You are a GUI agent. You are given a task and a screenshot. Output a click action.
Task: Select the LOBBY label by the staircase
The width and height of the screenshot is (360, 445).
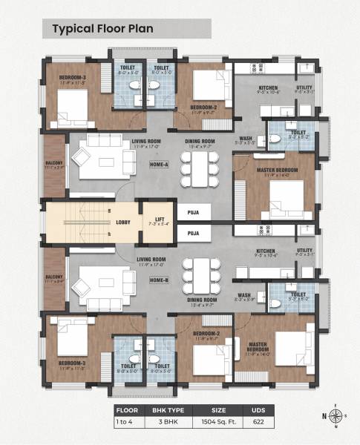pos(123,222)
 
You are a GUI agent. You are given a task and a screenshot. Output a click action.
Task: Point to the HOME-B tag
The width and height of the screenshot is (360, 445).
pos(159,280)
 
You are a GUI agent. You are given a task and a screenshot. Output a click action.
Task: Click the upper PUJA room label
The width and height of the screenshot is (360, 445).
pos(194,211)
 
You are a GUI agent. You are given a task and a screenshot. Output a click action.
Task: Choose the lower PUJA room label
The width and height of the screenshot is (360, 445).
pos(194,233)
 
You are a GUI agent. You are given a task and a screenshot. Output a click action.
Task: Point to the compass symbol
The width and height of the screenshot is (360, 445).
pos(336,415)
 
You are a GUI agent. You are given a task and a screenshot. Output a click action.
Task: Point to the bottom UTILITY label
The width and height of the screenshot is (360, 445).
pos(305,252)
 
